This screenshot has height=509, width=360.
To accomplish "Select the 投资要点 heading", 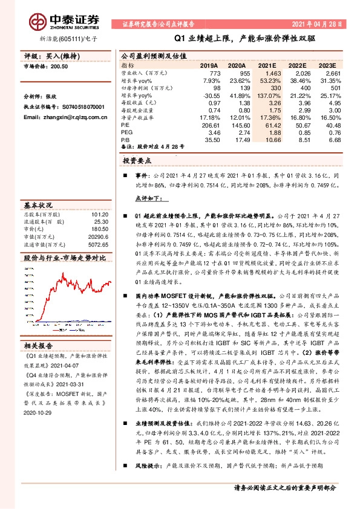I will pyautogui.click(x=137, y=162).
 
